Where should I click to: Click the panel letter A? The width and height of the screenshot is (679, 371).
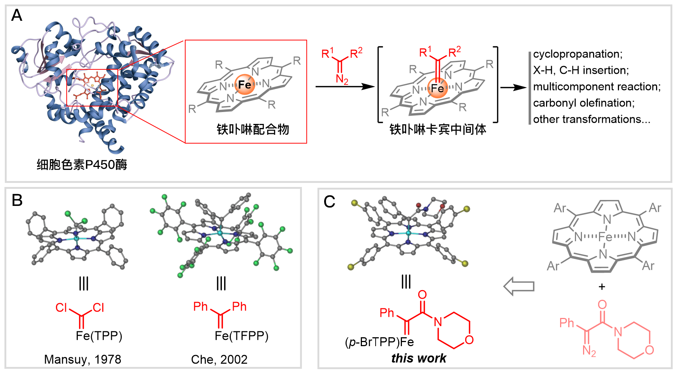[17, 16]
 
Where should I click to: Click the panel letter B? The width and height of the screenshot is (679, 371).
[17, 200]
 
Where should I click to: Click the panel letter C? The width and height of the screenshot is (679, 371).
[329, 202]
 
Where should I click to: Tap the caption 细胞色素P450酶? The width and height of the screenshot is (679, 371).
[82, 164]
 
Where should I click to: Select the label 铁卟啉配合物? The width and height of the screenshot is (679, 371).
[253, 129]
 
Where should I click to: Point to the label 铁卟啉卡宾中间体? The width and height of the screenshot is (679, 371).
[438, 129]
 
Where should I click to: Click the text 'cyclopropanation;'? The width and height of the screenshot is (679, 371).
[578, 54]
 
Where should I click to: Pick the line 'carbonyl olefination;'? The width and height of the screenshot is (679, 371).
[584, 103]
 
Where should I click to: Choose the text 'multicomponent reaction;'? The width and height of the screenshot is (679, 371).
[597, 86]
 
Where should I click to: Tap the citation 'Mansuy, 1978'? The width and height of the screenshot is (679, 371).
[83, 359]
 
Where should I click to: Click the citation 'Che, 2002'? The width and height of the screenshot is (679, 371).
[219, 359]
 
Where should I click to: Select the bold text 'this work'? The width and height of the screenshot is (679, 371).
[419, 358]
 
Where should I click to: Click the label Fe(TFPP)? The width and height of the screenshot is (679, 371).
[242, 336]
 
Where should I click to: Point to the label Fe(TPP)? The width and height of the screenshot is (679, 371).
[99, 336]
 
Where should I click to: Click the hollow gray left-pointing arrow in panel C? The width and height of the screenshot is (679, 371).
[519, 286]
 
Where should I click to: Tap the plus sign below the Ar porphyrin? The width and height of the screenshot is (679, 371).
[602, 286]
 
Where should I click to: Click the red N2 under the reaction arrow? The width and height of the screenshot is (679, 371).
[342, 79]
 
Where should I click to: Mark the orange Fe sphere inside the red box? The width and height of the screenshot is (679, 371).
[244, 85]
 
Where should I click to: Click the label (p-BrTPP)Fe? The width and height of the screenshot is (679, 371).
[379, 342]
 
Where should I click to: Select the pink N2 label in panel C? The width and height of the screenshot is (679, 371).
[589, 350]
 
